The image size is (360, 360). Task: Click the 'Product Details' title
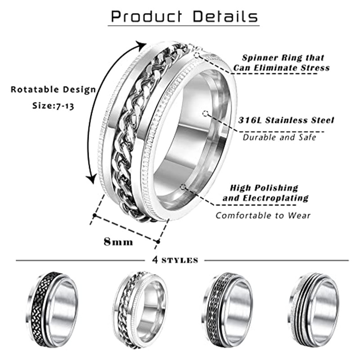pos(184,17)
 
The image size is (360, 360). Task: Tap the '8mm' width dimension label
pos(118,242)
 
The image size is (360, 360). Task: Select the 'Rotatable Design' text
pos(53,89)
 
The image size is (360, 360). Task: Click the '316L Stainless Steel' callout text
pos(286,120)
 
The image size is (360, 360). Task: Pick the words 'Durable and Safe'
pos(279,137)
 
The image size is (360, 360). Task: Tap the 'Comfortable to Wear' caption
pos(263,216)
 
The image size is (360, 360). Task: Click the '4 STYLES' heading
pos(175,260)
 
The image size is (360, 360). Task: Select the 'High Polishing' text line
pos(264,188)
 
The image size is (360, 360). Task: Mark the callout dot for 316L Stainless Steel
pos(205,113)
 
